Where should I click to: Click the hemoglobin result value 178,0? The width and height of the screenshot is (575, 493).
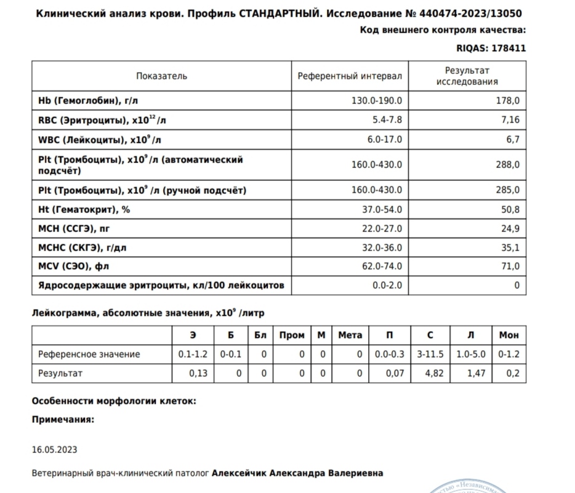507,100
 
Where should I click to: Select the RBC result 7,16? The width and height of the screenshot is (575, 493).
510,120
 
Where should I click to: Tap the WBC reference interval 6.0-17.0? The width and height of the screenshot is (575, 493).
385,140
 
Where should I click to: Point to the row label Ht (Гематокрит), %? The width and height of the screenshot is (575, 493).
84,210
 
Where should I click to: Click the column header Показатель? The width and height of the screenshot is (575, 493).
162,76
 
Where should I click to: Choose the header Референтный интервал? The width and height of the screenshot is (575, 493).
350,76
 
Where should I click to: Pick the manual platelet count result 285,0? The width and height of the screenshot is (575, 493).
507,190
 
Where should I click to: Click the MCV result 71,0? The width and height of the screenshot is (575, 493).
510,266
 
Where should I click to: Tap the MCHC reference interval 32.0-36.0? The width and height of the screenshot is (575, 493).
382,247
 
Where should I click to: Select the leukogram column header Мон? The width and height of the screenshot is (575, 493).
509,335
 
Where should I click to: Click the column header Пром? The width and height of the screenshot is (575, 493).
292,335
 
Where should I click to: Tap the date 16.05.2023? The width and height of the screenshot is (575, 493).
54,450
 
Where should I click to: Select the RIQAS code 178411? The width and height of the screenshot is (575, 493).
507,47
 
